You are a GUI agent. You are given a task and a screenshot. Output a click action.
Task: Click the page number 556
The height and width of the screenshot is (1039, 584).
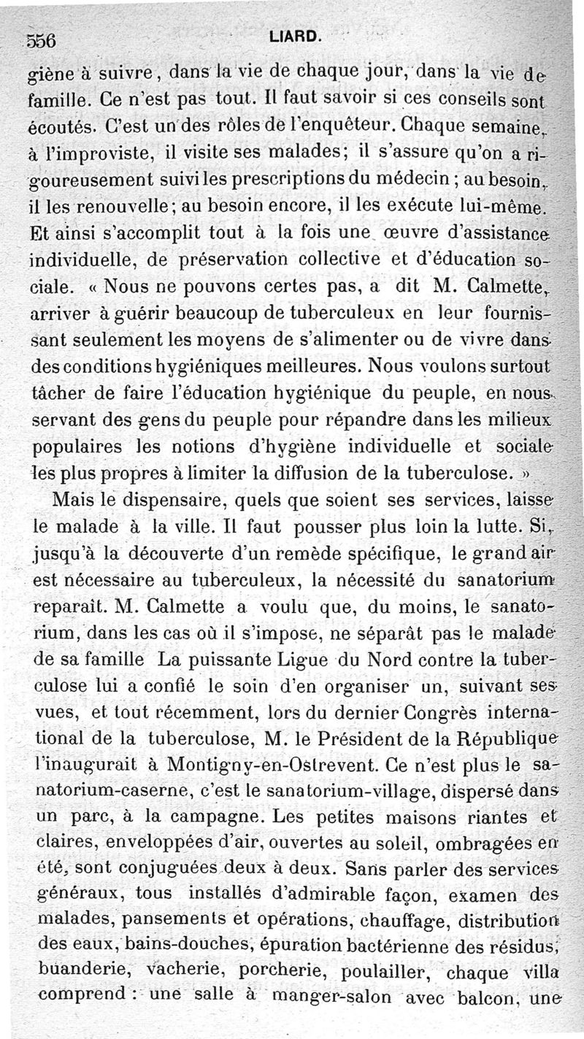coord(42,41)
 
